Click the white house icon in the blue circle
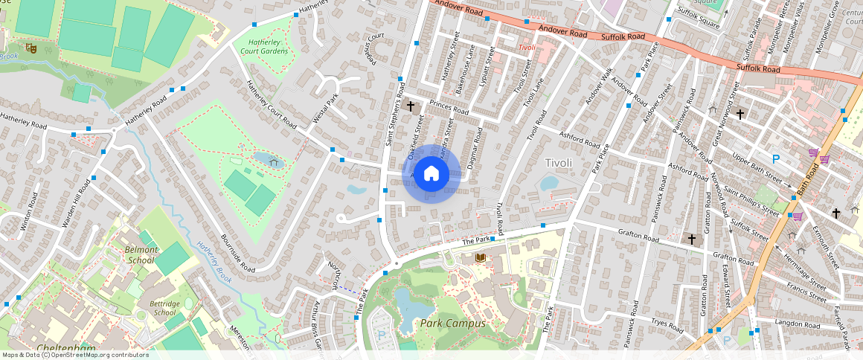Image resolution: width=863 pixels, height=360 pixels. (x=431, y=174)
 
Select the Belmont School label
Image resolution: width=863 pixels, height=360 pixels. (x=142, y=255)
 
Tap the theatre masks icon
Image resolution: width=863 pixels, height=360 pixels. (x=31, y=48)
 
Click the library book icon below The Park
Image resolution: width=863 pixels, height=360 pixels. (x=480, y=257)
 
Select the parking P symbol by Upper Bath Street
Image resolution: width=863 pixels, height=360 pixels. (x=776, y=158)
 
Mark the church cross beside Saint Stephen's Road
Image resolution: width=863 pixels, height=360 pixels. (x=410, y=106)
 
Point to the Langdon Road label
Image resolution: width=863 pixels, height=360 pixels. (x=797, y=323)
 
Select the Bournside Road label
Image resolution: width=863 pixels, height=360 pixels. (x=238, y=254)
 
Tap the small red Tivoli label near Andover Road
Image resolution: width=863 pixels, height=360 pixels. (x=526, y=48)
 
